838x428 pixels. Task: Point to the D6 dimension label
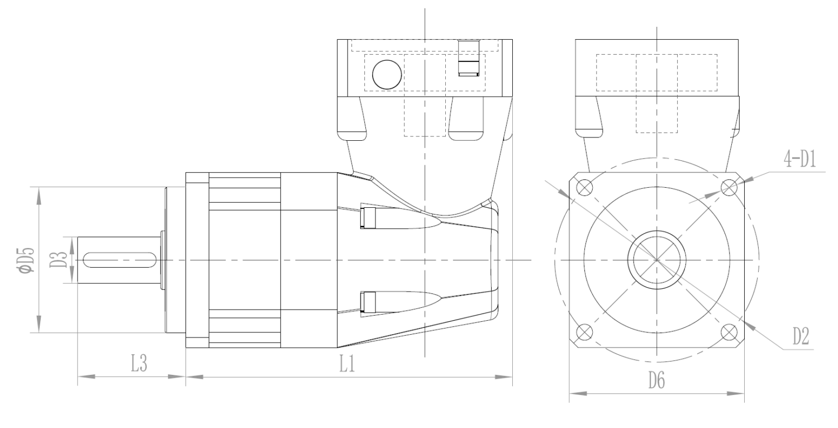click(657, 381)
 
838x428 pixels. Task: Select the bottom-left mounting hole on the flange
click(584, 332)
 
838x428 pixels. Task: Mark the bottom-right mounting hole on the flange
click(729, 332)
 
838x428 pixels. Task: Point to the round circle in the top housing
click(387, 74)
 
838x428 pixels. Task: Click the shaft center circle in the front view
click(656, 260)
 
